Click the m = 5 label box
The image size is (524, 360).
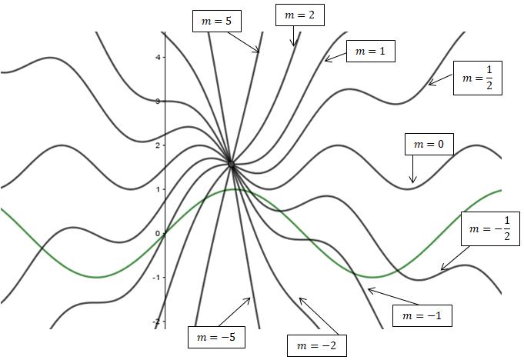(217, 22)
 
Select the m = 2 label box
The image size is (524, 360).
(299, 15)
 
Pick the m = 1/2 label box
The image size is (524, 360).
(477, 78)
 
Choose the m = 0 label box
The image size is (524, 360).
(429, 144)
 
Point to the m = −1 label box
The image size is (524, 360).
(422, 315)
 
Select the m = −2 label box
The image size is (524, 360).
(316, 345)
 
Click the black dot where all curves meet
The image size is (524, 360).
(231, 163)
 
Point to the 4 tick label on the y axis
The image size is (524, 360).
(157, 57)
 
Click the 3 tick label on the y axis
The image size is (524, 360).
(157, 101)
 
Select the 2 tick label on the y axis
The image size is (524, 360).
(157, 145)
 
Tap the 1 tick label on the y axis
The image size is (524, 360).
(157, 189)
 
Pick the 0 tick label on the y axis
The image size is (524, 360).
(157, 233)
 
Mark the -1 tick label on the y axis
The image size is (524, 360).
(155, 278)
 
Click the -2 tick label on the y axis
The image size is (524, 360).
(155, 322)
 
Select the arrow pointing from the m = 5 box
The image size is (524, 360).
(245, 42)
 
